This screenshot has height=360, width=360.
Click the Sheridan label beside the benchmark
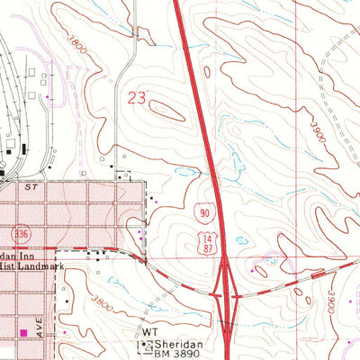point(177,343)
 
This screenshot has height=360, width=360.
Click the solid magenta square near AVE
point(23,333)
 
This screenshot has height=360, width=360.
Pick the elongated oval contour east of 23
point(167,111)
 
